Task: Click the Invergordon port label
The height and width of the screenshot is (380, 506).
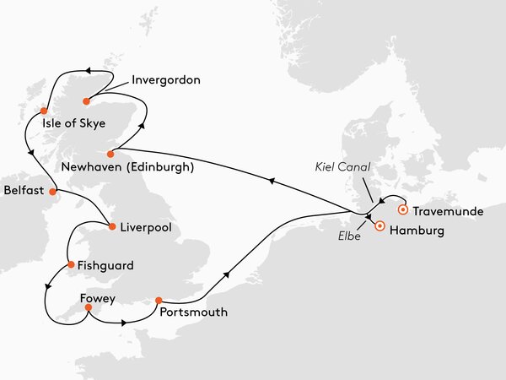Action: click(x=167, y=81)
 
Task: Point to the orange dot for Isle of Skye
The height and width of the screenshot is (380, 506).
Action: click(x=43, y=110)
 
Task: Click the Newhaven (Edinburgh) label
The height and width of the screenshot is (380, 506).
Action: click(x=135, y=168)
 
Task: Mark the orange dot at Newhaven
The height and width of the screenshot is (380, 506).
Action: click(x=110, y=155)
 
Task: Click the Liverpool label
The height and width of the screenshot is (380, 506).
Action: click(x=147, y=227)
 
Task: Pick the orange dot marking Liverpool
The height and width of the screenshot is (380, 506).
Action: click(x=112, y=225)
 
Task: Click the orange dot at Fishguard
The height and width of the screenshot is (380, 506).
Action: click(x=71, y=264)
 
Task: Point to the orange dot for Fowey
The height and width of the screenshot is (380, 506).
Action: click(x=87, y=309)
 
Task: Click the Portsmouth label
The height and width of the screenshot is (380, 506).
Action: click(x=193, y=312)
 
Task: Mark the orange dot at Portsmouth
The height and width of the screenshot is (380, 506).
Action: click(x=159, y=300)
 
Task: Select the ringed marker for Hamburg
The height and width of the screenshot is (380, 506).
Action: click(x=379, y=226)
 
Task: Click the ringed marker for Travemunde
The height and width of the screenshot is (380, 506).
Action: click(x=403, y=209)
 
